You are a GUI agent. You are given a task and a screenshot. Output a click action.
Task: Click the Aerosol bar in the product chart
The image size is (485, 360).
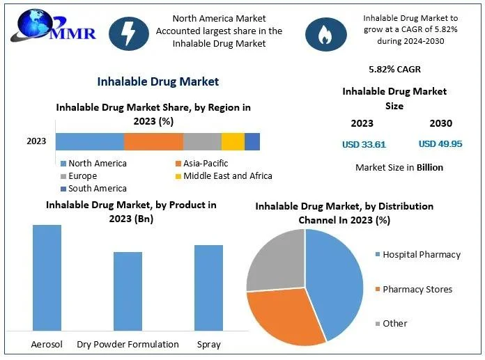47,277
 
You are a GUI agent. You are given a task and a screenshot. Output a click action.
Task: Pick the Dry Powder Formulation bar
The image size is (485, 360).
128,290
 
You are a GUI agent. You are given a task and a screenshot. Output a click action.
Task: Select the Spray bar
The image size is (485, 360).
208,287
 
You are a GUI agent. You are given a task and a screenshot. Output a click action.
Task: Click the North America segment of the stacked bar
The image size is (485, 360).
90,141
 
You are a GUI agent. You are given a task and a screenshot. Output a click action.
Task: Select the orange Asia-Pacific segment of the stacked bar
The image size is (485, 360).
153,141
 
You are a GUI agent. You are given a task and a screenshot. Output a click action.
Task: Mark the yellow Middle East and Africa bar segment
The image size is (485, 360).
233,141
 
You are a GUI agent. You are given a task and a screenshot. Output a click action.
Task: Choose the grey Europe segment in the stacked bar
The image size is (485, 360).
202,141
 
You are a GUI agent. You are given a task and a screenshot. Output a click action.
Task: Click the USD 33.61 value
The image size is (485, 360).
363,145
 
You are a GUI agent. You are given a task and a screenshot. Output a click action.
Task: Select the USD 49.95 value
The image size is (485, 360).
440,144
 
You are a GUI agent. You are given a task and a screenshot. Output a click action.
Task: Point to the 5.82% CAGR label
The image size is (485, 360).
394,70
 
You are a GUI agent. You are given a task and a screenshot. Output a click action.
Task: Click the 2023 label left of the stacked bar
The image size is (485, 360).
36,141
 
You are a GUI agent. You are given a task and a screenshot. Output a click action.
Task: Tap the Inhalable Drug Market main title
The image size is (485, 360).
158,81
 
